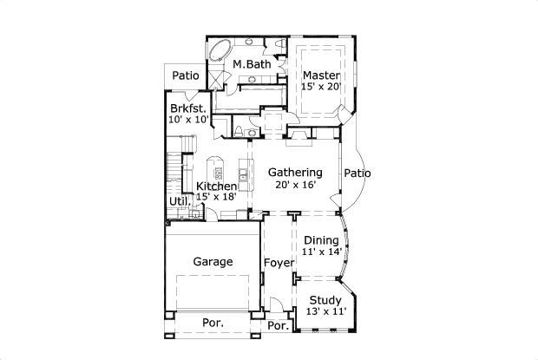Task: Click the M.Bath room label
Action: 252,65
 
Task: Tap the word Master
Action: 320,75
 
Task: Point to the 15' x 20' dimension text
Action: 320,88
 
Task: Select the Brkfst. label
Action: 187,108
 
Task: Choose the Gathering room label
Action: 294,173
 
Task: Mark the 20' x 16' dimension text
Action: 294,185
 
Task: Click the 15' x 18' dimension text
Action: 217,198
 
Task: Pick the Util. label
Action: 179,203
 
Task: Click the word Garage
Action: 213,261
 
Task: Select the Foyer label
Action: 279,262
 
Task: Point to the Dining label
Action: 320,240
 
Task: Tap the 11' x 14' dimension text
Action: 322,252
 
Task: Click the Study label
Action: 325,299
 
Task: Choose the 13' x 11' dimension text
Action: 326,311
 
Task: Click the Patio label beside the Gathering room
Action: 357,173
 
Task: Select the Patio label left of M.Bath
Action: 185,75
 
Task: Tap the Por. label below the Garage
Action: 213,323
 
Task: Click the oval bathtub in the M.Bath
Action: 219,49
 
